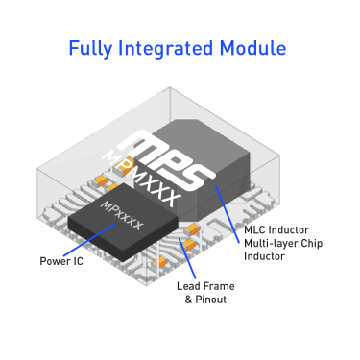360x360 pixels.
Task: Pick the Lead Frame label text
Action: pyautogui.click(x=204, y=286)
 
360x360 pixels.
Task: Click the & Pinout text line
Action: pyautogui.click(x=204, y=300)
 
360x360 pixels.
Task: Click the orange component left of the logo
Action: pyautogui.click(x=100, y=180)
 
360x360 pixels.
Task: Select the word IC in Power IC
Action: pyautogui.click(x=78, y=260)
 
